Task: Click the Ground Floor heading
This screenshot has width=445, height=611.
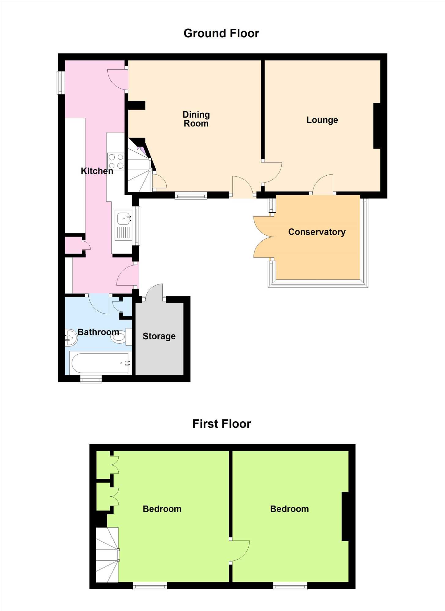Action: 221,33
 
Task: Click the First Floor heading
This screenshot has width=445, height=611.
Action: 222,424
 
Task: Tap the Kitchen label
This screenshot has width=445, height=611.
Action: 97,171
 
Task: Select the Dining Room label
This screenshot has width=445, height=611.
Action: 196,119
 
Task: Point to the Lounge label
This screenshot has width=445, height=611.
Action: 322,120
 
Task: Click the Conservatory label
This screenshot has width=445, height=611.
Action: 317,232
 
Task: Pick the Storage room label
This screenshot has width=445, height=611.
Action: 159,336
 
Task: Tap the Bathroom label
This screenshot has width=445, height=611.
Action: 98,332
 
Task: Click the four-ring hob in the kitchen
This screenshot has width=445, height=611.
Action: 116,161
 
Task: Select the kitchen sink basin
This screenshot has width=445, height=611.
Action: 124,219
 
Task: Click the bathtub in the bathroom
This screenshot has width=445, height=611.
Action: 100,363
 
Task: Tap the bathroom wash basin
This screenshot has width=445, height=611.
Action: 71,338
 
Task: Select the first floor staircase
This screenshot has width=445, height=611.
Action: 107,555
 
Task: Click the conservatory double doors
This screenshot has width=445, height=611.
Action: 264,237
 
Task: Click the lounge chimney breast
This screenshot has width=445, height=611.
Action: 377,126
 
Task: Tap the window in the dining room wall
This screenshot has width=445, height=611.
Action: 191,195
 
